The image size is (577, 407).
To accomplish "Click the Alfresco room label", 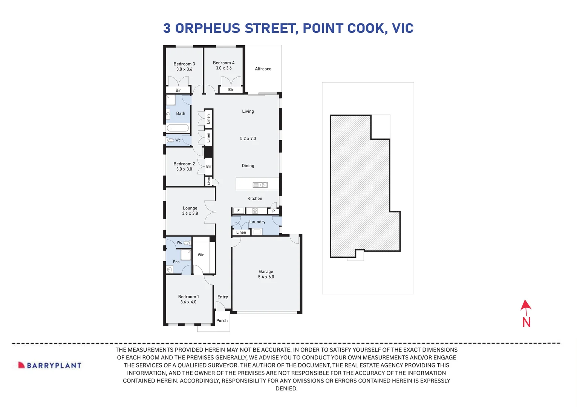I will pyautogui.click(x=263, y=69).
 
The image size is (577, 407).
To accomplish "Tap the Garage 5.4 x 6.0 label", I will pyautogui.click(x=266, y=274).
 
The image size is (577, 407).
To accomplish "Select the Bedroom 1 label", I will pyautogui.click(x=188, y=299).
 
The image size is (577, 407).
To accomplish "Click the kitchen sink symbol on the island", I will pyautogui.click(x=260, y=185).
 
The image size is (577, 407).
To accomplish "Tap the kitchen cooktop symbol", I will pyautogui.click(x=255, y=211).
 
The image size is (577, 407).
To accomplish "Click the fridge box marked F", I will pyautogui.click(x=239, y=211).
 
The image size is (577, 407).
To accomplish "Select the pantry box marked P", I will pyautogui.click(x=274, y=211).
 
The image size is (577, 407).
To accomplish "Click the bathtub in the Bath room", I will pyautogui.click(x=178, y=128).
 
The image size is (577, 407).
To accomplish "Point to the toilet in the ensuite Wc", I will pyautogui.click(x=186, y=243).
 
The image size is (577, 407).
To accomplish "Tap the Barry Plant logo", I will pyautogui.click(x=50, y=365).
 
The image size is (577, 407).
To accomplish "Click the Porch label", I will pyautogui.click(x=222, y=321).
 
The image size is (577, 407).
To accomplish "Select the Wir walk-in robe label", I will pyautogui.click(x=201, y=255).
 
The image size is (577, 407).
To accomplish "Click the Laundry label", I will pyautogui.click(x=257, y=222).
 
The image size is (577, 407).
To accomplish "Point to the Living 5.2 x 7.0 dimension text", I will pyautogui.click(x=248, y=139).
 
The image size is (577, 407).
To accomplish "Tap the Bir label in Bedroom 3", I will pyautogui.click(x=178, y=90).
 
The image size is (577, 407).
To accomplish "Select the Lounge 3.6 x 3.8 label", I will pyautogui.click(x=190, y=211).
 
